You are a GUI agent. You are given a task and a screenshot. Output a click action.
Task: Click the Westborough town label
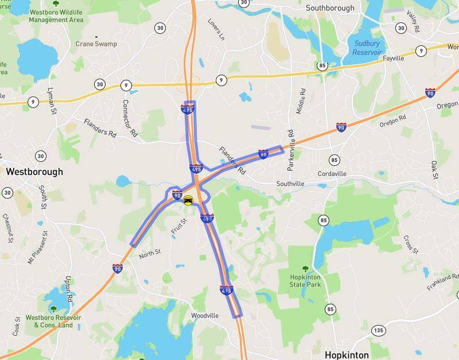[x=34, y=172]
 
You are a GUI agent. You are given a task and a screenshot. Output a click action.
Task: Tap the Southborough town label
[x=330, y=8]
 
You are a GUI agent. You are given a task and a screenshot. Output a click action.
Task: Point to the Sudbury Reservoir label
[x=367, y=48]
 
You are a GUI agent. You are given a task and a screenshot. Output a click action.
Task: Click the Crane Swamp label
[x=96, y=44]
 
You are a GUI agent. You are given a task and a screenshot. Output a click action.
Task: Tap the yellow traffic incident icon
[x=188, y=200]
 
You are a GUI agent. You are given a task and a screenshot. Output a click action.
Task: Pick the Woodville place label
[x=205, y=316]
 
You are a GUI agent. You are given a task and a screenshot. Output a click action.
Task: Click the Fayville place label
[x=394, y=58]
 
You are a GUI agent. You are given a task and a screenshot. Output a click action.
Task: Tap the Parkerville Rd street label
[x=291, y=149]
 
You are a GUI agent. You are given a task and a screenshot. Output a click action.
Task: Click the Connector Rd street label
[x=130, y=118]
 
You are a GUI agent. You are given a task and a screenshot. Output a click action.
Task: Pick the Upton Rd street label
[x=68, y=289]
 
